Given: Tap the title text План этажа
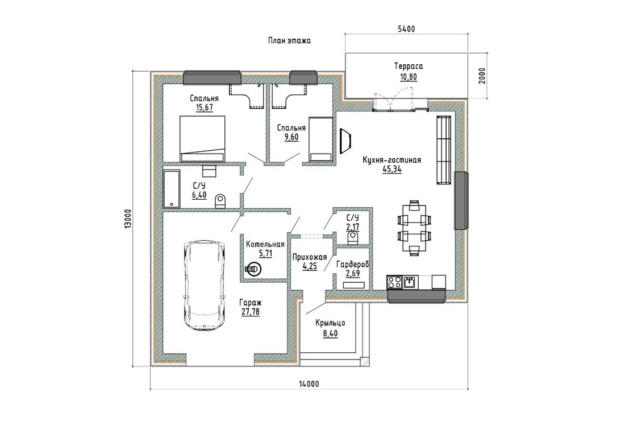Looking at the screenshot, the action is tap(289, 40).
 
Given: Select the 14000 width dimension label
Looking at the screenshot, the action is tap(309, 384).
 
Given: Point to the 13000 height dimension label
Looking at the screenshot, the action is tap(127, 219).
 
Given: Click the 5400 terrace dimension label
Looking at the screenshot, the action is tap(406, 28).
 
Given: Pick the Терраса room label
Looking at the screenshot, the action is tap(409, 66).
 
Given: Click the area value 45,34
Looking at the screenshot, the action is tap(392, 169).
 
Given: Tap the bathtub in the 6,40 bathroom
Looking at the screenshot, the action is tap(172, 189).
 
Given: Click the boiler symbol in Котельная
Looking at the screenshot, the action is tap(253, 269).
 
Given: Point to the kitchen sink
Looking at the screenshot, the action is tap(410, 282).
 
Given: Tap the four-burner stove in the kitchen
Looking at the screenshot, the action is tap(395, 282).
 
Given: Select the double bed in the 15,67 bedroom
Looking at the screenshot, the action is tap(202, 138).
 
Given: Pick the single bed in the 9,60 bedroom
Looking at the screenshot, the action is tap(321, 139).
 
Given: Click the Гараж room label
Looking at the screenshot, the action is tap(251, 303).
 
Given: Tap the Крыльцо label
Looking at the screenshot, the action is tap(330, 323).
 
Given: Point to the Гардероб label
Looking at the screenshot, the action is tap(353, 264).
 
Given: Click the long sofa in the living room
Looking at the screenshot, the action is tap(444, 150).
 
